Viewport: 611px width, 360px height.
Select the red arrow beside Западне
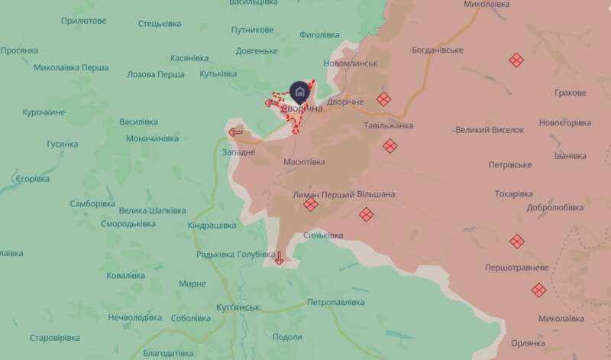point(235,132)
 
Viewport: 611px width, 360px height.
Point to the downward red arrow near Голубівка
point(279,258)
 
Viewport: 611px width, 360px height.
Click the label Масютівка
point(304,162)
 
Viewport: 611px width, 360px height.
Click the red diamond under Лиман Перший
point(310,205)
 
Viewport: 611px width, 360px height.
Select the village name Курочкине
point(44,112)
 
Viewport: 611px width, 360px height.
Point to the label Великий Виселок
point(490,130)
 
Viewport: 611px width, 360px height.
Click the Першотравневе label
point(517,268)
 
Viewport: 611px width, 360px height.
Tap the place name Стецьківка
point(160,24)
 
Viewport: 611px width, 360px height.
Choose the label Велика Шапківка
point(153,210)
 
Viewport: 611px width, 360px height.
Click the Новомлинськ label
point(351,63)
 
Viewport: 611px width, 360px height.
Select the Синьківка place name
point(323,235)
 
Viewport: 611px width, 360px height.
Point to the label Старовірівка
point(55,337)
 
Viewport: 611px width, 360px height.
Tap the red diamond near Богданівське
point(516,60)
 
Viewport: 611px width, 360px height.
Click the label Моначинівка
point(153,138)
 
